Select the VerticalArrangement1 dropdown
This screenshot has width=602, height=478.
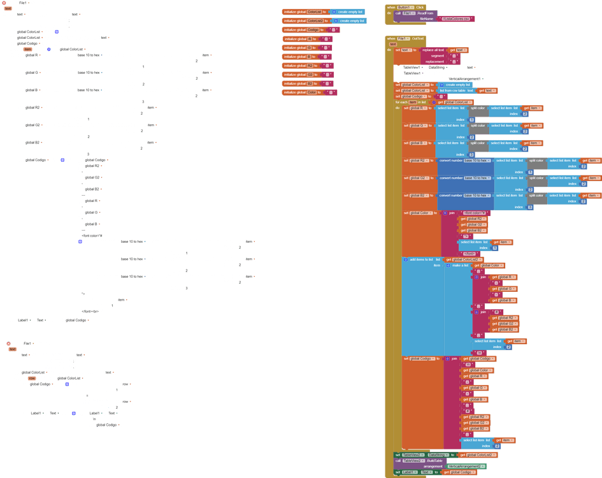click(464, 78)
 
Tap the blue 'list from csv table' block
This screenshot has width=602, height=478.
click(455, 91)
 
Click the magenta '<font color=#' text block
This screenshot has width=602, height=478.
click(475, 213)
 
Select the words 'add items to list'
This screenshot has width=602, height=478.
click(421, 259)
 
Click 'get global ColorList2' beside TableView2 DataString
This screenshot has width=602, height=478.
click(477, 454)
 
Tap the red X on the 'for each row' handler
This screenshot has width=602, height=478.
click(9, 344)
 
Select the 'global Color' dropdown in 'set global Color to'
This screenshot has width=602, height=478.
click(421, 213)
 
